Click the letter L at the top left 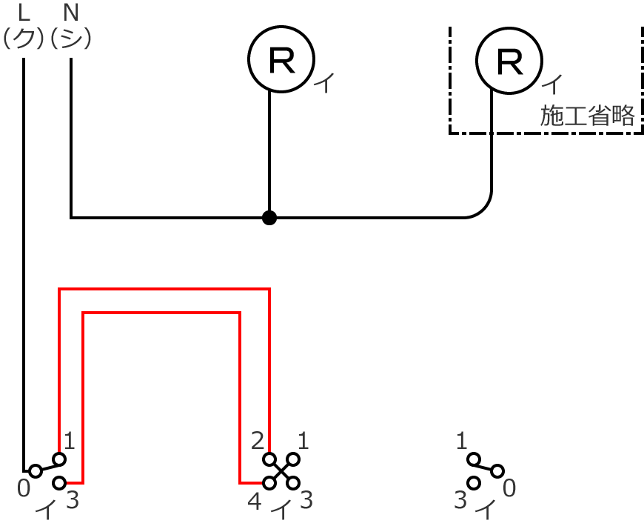24,12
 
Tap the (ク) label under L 24,38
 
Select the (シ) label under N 71,38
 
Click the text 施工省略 588,116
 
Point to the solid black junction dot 269,218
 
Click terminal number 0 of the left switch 24,488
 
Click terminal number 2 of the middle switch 258,442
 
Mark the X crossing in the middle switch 281,471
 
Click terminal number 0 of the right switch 509,488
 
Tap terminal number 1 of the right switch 462,442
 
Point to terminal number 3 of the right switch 460,501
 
